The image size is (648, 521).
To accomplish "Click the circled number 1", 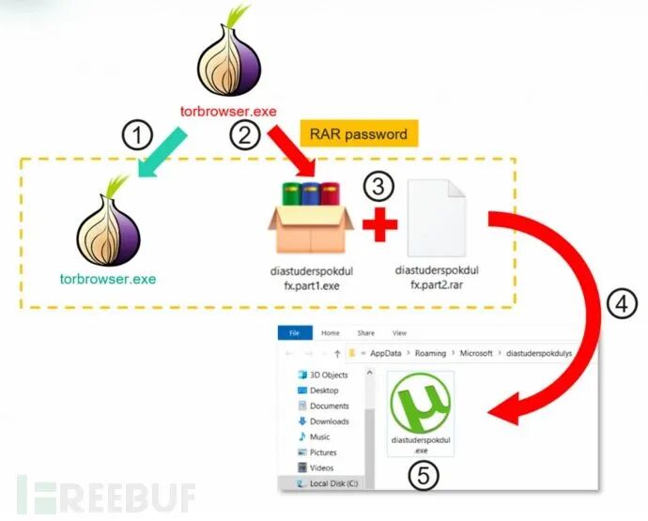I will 137,134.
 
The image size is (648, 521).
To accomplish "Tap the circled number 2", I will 245,134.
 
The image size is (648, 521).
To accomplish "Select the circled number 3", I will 378,186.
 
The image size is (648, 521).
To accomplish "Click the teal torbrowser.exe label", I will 108,279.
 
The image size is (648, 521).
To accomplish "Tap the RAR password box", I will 359,134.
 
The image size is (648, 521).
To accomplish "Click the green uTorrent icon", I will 420,404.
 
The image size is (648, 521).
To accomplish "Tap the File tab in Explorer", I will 294,332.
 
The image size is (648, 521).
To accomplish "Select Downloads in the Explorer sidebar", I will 329,421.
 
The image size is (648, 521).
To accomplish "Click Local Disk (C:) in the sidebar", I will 333,483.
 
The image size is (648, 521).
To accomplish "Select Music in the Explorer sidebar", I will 319,437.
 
